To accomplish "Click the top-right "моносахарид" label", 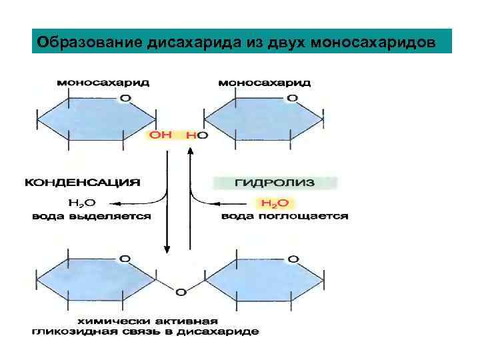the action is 265,83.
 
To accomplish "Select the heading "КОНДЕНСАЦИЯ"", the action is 83,181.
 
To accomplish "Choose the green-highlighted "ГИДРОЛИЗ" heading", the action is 274,181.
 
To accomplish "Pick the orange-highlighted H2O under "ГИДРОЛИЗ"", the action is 273,203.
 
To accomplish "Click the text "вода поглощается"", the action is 285,216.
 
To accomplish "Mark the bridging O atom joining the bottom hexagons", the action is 179,291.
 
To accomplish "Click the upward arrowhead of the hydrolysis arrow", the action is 190,151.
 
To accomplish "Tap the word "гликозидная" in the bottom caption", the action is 68,331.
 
